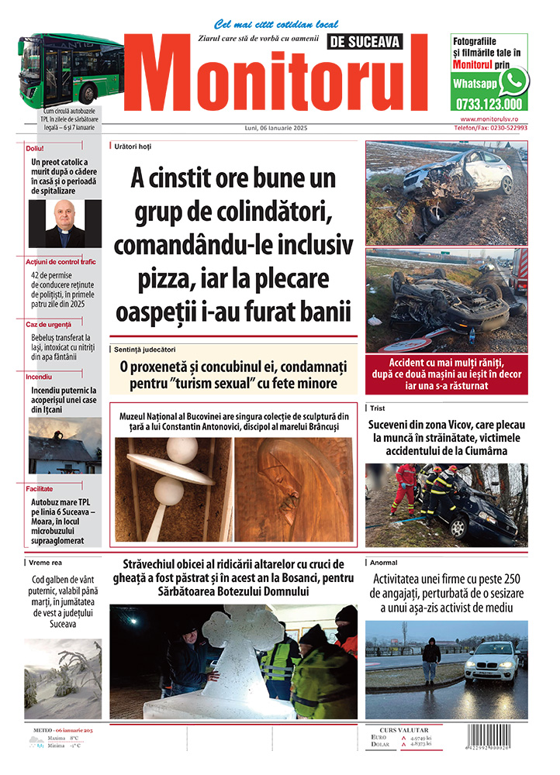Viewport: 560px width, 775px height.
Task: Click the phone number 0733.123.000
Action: click(x=489, y=104)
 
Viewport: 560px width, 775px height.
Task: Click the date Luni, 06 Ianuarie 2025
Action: click(x=275, y=128)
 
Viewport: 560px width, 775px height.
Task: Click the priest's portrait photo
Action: click(x=64, y=223)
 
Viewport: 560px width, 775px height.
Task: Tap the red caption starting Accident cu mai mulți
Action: click(x=446, y=374)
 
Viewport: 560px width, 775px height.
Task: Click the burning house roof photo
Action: click(x=64, y=447)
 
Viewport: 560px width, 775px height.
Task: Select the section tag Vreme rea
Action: click(x=46, y=563)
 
